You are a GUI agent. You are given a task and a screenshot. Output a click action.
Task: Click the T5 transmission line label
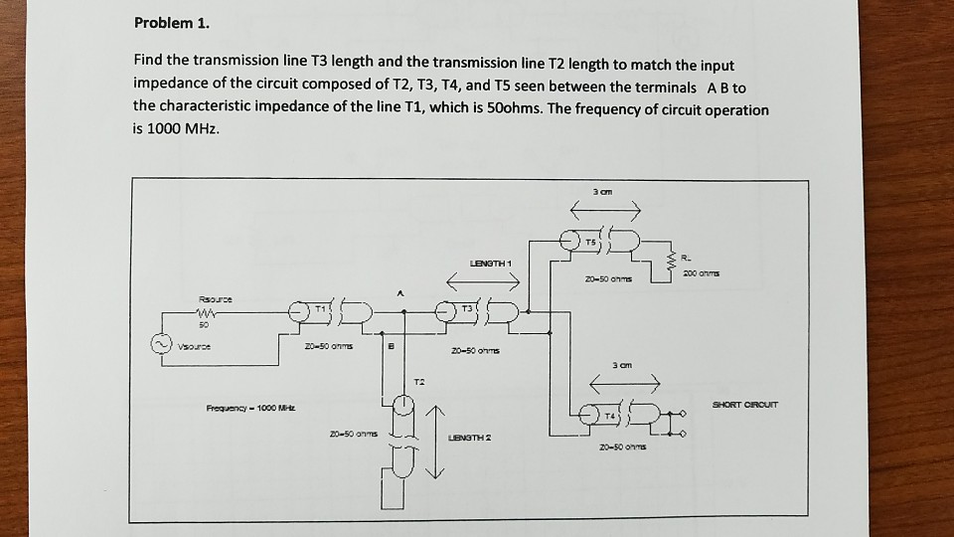coord(589,242)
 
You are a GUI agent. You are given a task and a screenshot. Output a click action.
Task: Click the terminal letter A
coord(400,294)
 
